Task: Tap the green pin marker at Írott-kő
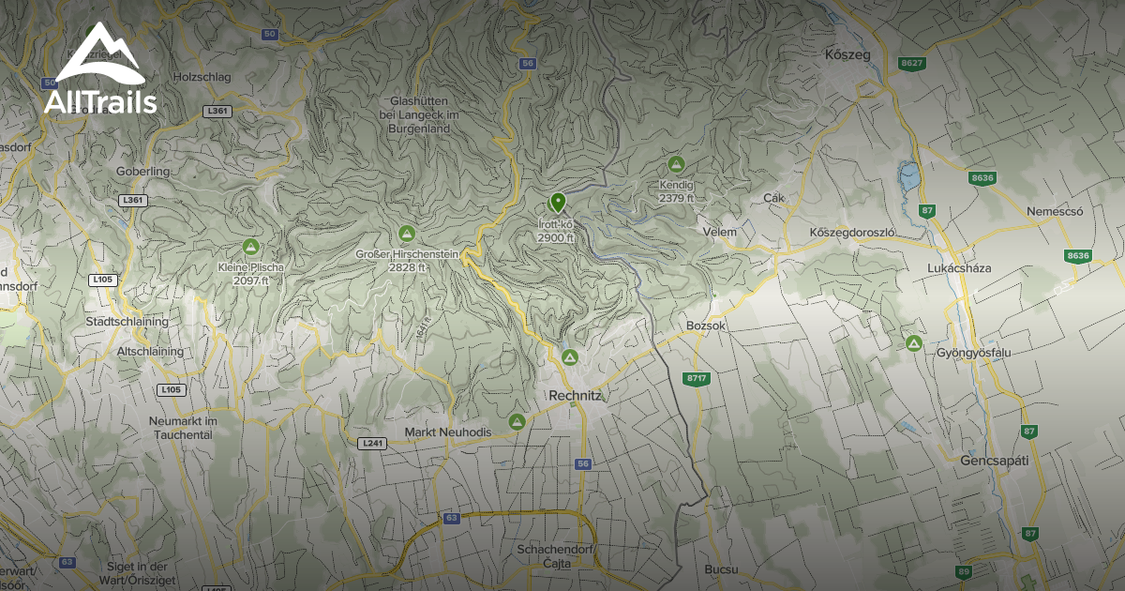coord(558,202)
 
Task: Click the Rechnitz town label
coord(577,396)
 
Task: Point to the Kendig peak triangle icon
coord(676,164)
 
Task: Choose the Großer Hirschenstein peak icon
coord(407,233)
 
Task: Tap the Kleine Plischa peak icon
coord(250,247)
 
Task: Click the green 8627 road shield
coord(911,63)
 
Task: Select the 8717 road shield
coord(697,378)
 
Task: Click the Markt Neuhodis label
coord(447,432)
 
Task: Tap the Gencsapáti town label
coord(995,461)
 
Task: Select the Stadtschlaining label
coord(127,321)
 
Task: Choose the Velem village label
coord(719,232)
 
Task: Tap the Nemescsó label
coord(1055,211)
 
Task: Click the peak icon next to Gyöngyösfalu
coord(914,343)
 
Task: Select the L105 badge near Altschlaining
coord(171,389)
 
